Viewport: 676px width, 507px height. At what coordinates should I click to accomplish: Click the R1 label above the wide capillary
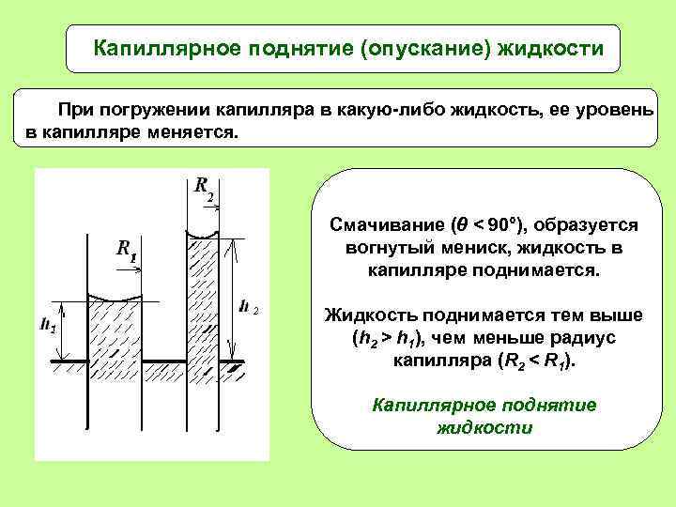click(127, 250)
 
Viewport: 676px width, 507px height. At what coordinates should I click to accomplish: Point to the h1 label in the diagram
click(47, 328)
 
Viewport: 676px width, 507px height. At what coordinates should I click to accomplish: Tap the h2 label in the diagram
click(249, 306)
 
